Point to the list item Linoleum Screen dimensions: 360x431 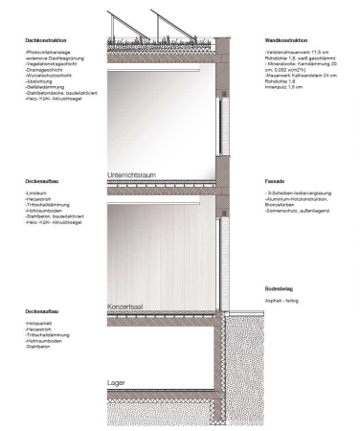click(x=37, y=193)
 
